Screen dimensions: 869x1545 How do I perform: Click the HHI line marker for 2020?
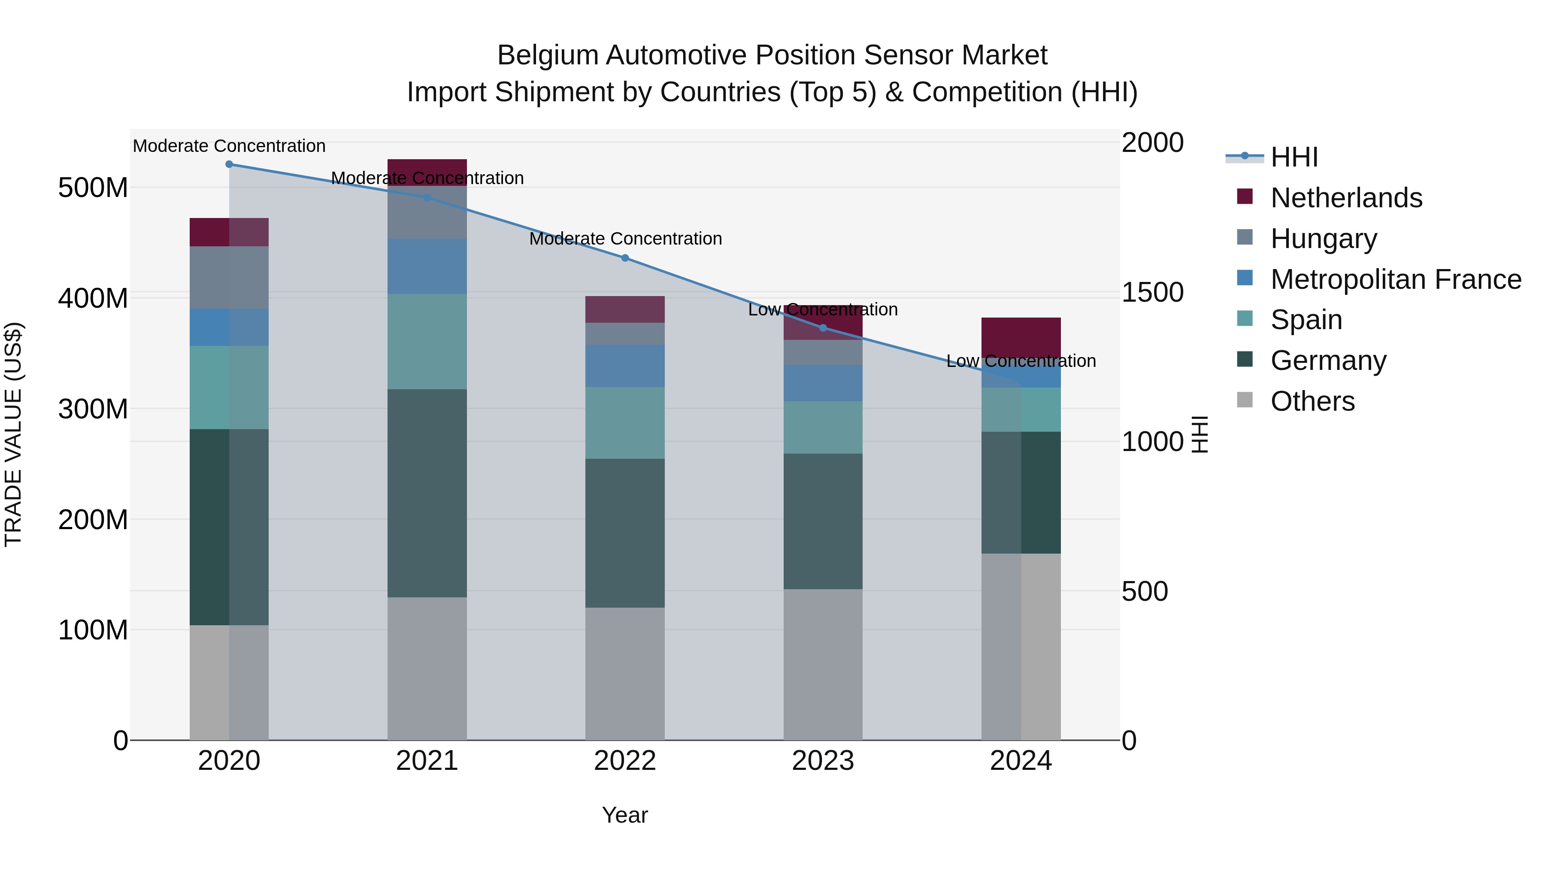point(229,164)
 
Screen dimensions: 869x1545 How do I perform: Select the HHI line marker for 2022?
point(625,258)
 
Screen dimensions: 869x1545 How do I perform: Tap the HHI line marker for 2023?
point(823,328)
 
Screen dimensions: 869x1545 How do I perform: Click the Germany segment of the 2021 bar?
point(427,493)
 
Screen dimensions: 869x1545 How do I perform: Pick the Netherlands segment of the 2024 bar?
point(1021,337)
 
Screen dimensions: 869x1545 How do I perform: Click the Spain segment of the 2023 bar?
point(823,427)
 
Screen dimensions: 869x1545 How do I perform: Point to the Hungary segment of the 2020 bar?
point(229,277)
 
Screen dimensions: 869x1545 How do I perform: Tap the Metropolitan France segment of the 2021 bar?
point(427,266)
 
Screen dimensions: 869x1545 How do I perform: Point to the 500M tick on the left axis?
point(93,188)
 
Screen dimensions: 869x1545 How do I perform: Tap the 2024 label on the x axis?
point(1021,761)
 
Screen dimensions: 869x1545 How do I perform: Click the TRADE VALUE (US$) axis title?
point(14,434)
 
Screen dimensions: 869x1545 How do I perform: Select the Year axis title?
point(625,815)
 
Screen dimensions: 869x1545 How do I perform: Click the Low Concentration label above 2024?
point(1021,361)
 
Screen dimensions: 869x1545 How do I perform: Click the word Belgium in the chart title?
point(547,55)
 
